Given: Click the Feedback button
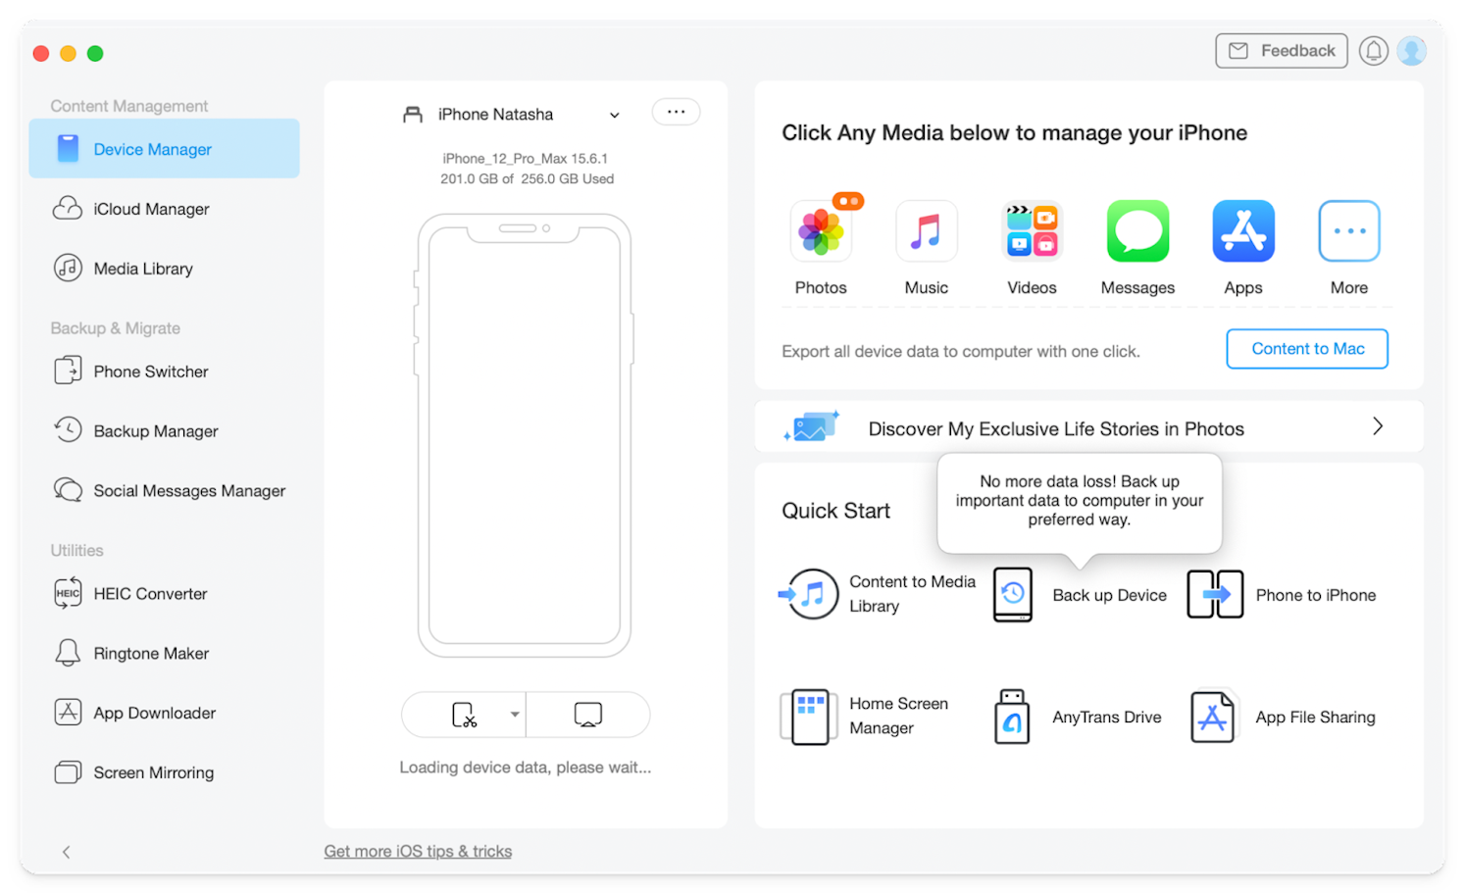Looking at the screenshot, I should pyautogui.click(x=1281, y=51).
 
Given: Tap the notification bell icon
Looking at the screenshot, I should pyautogui.click(x=1373, y=51).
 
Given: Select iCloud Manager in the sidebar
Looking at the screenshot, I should pyautogui.click(x=151, y=209).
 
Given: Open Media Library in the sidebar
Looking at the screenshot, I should pyautogui.click(x=142, y=269).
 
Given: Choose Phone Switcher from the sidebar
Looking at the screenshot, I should pyautogui.click(x=150, y=372).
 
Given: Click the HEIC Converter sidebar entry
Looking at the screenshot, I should pyautogui.click(x=150, y=594).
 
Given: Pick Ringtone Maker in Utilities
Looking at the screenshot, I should pyautogui.click(x=151, y=654).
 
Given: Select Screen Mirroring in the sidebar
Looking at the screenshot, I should pyautogui.click(x=153, y=772).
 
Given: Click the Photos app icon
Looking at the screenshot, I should pyautogui.click(x=821, y=231).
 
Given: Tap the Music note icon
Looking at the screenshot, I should pyautogui.click(x=926, y=231).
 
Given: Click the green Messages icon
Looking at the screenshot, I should pyautogui.click(x=1137, y=231).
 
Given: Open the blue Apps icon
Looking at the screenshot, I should pyautogui.click(x=1243, y=231).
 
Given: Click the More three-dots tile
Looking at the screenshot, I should pyautogui.click(x=1349, y=231).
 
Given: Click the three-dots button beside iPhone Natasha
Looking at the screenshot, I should pyautogui.click(x=676, y=112).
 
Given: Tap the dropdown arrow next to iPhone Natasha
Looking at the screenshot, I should pyautogui.click(x=615, y=115).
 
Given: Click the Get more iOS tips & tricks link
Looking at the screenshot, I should pyautogui.click(x=418, y=851).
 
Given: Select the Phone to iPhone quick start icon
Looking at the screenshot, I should pyautogui.click(x=1215, y=595).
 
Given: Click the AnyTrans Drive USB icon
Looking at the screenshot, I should pyautogui.click(x=1012, y=717).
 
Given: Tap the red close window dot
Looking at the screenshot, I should pyautogui.click(x=41, y=54).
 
